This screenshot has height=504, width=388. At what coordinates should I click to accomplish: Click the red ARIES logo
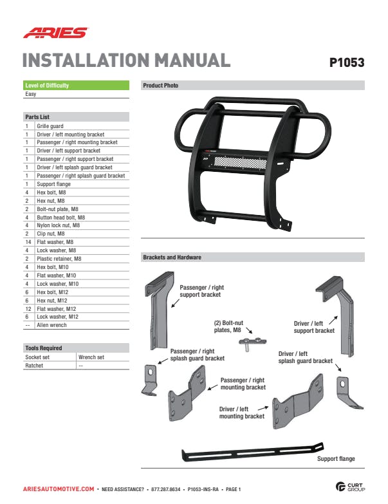[x=55, y=33]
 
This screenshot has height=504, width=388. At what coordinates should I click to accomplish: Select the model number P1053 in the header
[x=347, y=62]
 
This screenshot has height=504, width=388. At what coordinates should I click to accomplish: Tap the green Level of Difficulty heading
[x=76, y=85]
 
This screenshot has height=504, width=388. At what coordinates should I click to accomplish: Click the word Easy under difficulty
[x=30, y=94]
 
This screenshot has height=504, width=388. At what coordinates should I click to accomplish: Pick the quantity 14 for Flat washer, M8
[x=28, y=242]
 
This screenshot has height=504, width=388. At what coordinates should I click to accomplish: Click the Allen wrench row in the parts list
[x=51, y=325]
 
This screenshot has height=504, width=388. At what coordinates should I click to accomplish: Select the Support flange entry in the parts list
[x=53, y=184]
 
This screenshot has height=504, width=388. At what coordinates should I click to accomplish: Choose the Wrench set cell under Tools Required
[x=91, y=357]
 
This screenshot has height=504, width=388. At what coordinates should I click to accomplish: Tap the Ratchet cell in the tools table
[x=34, y=366]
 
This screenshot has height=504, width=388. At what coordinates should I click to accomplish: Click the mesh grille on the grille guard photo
[x=241, y=162]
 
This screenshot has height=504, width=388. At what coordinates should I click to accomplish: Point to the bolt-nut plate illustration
[x=252, y=344]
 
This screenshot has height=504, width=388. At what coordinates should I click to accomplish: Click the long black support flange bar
[x=252, y=452]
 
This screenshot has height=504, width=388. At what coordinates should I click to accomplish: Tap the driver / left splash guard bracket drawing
[x=348, y=392]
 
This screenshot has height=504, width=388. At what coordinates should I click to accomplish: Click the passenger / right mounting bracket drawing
[x=187, y=393]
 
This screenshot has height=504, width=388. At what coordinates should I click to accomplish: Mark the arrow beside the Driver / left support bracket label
[x=333, y=320]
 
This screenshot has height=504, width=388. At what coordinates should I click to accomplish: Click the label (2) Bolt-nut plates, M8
[x=228, y=326]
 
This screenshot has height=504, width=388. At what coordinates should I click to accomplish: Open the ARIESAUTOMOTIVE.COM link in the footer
[x=59, y=489]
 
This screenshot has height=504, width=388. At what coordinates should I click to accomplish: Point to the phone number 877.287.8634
[x=166, y=489]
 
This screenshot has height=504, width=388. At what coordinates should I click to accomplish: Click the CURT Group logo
[x=350, y=487]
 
